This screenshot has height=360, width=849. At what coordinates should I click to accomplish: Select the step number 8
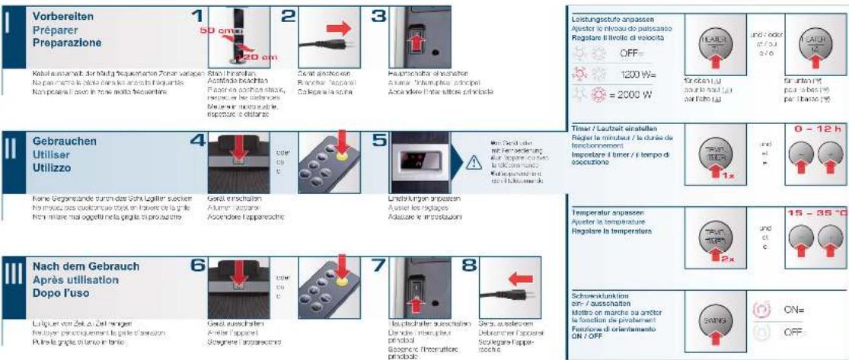(468, 266)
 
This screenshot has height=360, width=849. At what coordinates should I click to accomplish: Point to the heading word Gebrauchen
(63, 142)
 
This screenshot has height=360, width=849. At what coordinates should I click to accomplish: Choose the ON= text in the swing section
(794, 311)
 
